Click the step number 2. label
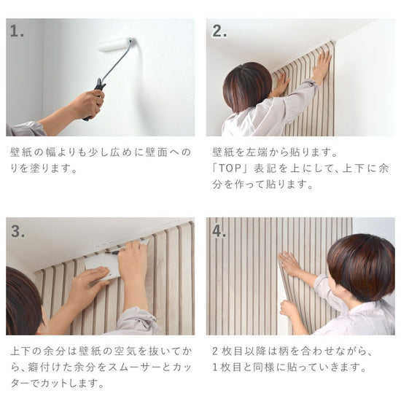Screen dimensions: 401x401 coord(219,31)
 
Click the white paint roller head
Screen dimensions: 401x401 coord(117,44)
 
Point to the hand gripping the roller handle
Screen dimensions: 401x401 coord(88,104)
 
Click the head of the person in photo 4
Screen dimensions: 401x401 coord(361,265)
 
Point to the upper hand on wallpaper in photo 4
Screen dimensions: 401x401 coord(290,263)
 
